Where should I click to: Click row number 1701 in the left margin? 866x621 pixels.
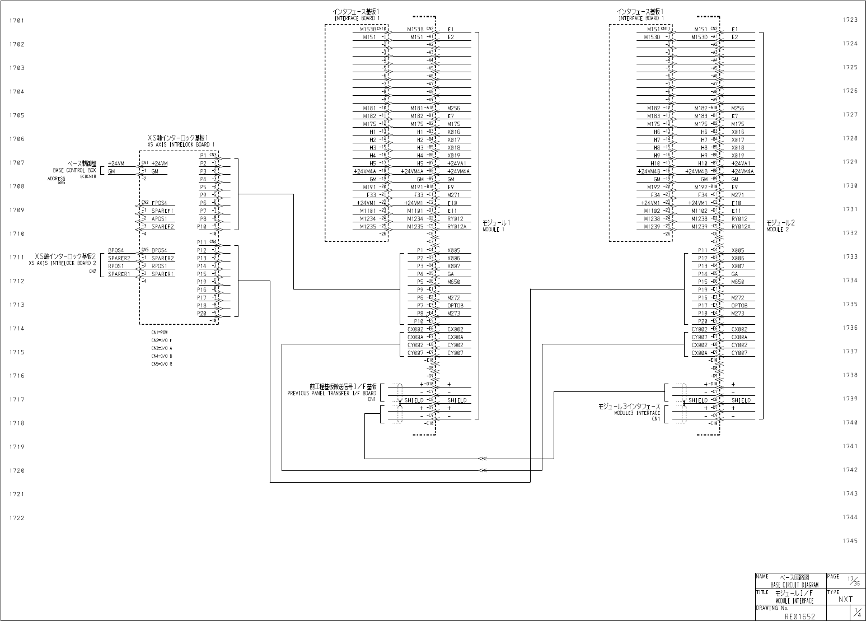coord(17,21)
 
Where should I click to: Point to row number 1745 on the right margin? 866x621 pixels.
coord(850,541)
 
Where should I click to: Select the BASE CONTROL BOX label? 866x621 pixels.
coord(74,170)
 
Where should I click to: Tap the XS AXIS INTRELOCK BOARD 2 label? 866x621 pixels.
coord(63,263)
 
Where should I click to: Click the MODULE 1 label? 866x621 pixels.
coord(493,230)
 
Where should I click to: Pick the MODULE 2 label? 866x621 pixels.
coord(778,230)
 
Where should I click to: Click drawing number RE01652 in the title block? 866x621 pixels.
coord(799,616)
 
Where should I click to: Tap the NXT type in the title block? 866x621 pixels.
coord(845,599)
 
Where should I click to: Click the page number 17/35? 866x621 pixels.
coord(853,581)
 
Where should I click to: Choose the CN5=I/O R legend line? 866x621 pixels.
coord(161,364)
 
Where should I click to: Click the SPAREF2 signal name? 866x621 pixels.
coord(163,227)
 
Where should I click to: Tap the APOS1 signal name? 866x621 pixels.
coord(160,219)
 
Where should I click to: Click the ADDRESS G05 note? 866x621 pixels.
coord(57,180)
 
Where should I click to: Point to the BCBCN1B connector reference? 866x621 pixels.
coord(88,176)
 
